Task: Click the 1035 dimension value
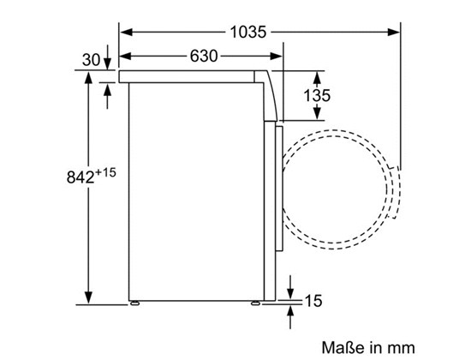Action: pyautogui.click(x=248, y=32)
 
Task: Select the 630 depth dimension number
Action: pyautogui.click(x=203, y=57)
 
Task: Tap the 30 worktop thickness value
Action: pyautogui.click(x=91, y=59)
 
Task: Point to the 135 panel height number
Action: pyautogui.click(x=317, y=95)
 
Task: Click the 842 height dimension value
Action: pyautogui.click(x=80, y=177)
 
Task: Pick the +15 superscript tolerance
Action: pyautogui.click(x=105, y=172)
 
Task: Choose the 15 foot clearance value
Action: pyautogui.click(x=313, y=301)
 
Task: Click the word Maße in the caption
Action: pyautogui.click(x=343, y=347)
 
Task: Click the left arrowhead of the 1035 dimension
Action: pyautogui.click(x=126, y=32)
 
